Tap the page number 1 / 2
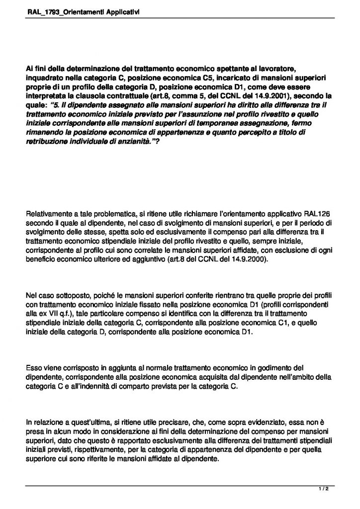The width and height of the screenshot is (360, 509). point(325,490)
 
